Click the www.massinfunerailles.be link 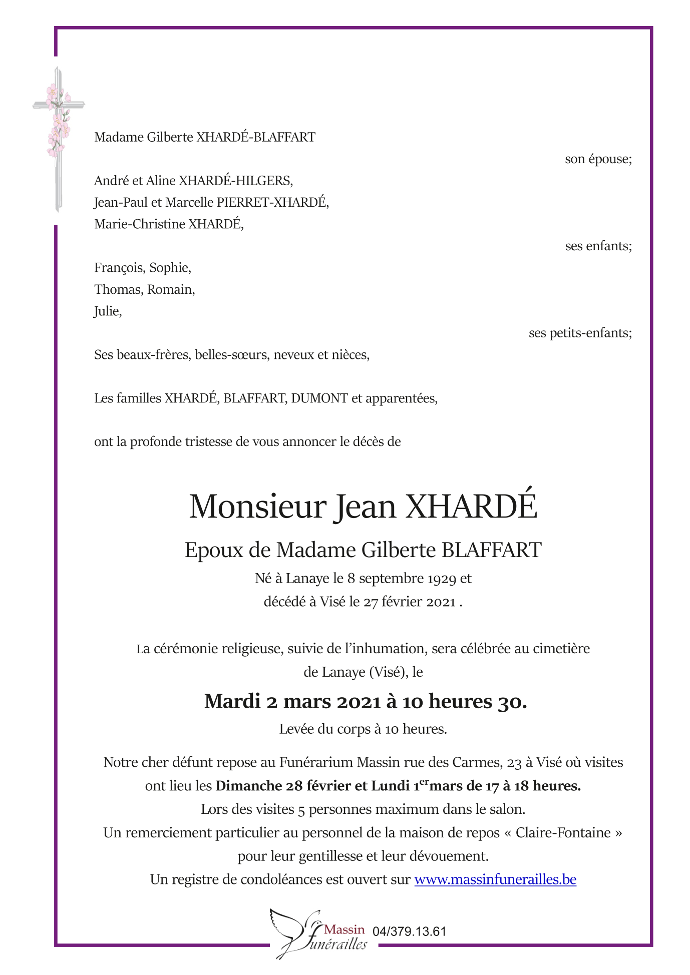point(495,879)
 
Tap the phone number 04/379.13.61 point(409,931)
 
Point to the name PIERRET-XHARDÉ point(272,203)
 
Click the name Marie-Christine point(139,224)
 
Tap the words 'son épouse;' point(598,159)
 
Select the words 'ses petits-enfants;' point(580,333)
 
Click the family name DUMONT point(319,398)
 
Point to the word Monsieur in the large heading point(257,507)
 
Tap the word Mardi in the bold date point(232,702)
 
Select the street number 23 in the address point(514,763)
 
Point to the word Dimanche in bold point(248,786)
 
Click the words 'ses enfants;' point(598,246)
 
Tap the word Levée point(295,729)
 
